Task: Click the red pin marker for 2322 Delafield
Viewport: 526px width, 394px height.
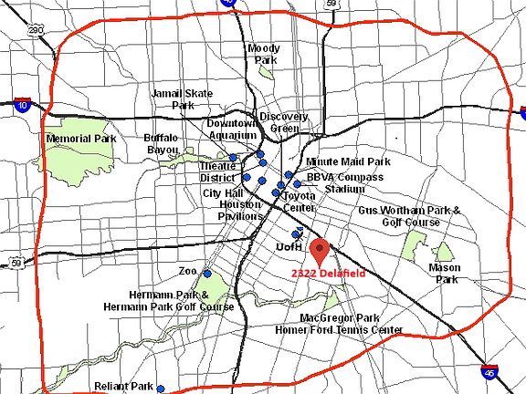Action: click(x=319, y=248)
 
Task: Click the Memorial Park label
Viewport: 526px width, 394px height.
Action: click(x=80, y=139)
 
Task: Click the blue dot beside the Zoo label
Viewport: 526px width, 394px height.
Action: click(x=207, y=274)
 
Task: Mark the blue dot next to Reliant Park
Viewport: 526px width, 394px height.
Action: click(x=160, y=389)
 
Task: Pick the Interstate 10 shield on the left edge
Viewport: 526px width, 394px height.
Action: click(x=22, y=105)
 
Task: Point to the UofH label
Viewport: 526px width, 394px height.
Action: click(x=289, y=247)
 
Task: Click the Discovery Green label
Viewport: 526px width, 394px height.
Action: click(x=279, y=122)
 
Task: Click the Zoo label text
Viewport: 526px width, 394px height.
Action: click(x=188, y=272)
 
